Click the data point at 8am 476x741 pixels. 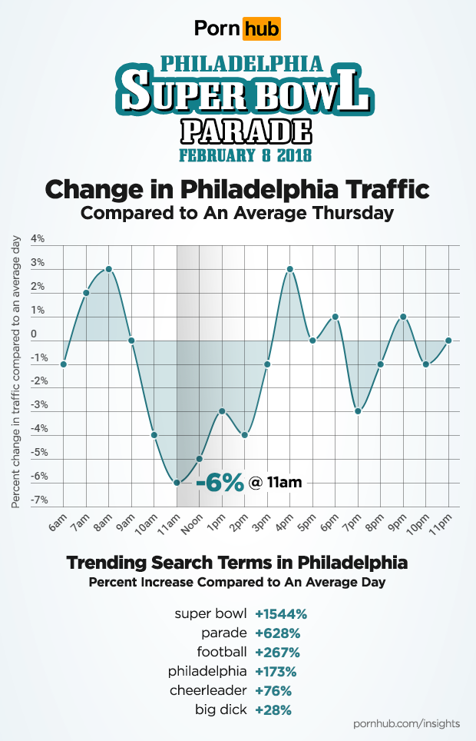coord(109,269)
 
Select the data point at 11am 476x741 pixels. coord(177,483)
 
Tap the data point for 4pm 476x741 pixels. coord(290,269)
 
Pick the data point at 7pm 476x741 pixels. coord(358,411)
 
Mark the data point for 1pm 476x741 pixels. coord(222,411)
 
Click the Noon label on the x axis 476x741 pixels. coord(193,525)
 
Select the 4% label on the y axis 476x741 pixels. coord(37,239)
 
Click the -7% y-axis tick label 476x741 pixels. coord(38,500)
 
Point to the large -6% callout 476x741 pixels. coord(220,483)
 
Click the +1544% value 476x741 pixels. coord(281,613)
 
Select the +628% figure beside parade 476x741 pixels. coord(277,633)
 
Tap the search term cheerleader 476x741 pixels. coord(210,690)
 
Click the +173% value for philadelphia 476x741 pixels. coord(277,671)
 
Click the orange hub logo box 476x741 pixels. coord(261,29)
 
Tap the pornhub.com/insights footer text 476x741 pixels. coord(406,724)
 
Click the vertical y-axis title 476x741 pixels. coord(16,373)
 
